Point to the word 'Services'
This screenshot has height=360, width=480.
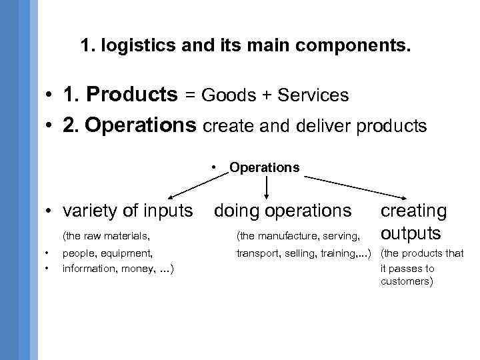[x=313, y=96]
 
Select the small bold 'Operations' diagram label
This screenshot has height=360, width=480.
[x=264, y=167]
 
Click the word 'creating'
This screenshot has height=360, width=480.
[x=413, y=211]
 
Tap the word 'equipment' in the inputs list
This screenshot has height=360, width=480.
[x=130, y=253]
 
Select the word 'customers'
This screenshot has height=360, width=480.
[x=405, y=281]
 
